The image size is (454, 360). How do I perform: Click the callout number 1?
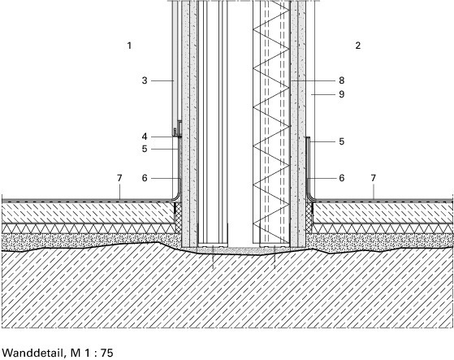tap(129, 46)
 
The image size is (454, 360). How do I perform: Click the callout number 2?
tap(358, 46)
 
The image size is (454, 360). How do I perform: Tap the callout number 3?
tap(145, 80)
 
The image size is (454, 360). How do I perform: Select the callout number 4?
tap(145, 137)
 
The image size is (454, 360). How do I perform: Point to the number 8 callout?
tap(342, 80)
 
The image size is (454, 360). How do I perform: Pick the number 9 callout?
tap(342, 94)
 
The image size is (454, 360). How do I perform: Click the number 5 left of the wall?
tap(145, 149)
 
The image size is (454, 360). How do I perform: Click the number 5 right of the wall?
tap(342, 141)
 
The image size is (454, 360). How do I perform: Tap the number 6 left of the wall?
tap(145, 178)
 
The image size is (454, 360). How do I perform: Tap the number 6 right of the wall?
tap(342, 178)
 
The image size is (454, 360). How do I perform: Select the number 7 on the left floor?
tap(119, 178)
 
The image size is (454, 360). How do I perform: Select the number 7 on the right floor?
tap(374, 178)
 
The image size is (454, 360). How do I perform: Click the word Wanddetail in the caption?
tap(32, 353)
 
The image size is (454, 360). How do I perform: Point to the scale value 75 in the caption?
tap(107, 353)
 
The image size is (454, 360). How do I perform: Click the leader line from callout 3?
tap(162, 80)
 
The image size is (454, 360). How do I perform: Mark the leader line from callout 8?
tap(313, 80)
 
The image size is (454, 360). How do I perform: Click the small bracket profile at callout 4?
tap(178, 128)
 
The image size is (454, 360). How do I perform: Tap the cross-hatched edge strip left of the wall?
tap(178, 218)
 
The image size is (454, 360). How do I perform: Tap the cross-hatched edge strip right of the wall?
tap(309, 218)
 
